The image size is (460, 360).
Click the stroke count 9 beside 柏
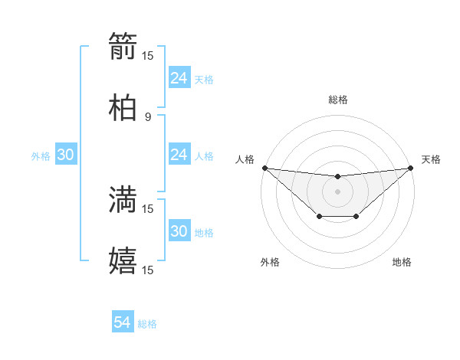pos(148,116)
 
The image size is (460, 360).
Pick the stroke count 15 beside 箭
pos(148,55)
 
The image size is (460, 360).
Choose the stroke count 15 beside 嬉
pos(148,270)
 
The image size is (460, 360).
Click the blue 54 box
pos(123,323)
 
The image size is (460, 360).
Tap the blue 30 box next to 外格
pos(65,155)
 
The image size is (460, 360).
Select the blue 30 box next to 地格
pos(179,231)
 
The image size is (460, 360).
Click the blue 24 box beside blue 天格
pos(179,78)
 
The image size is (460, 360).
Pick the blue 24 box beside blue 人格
pos(179,155)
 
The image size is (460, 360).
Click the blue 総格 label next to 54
pos(147,324)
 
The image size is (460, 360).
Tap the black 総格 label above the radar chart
pos(337,100)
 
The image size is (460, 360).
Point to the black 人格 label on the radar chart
pos(245,159)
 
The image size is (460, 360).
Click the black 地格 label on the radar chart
pos(402,262)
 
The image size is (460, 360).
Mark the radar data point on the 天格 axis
pos(410,168)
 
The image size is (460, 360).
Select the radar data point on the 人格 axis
pos(264,168)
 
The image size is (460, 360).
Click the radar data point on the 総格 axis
pos(337,177)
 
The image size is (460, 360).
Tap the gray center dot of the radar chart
pos(337,191)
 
